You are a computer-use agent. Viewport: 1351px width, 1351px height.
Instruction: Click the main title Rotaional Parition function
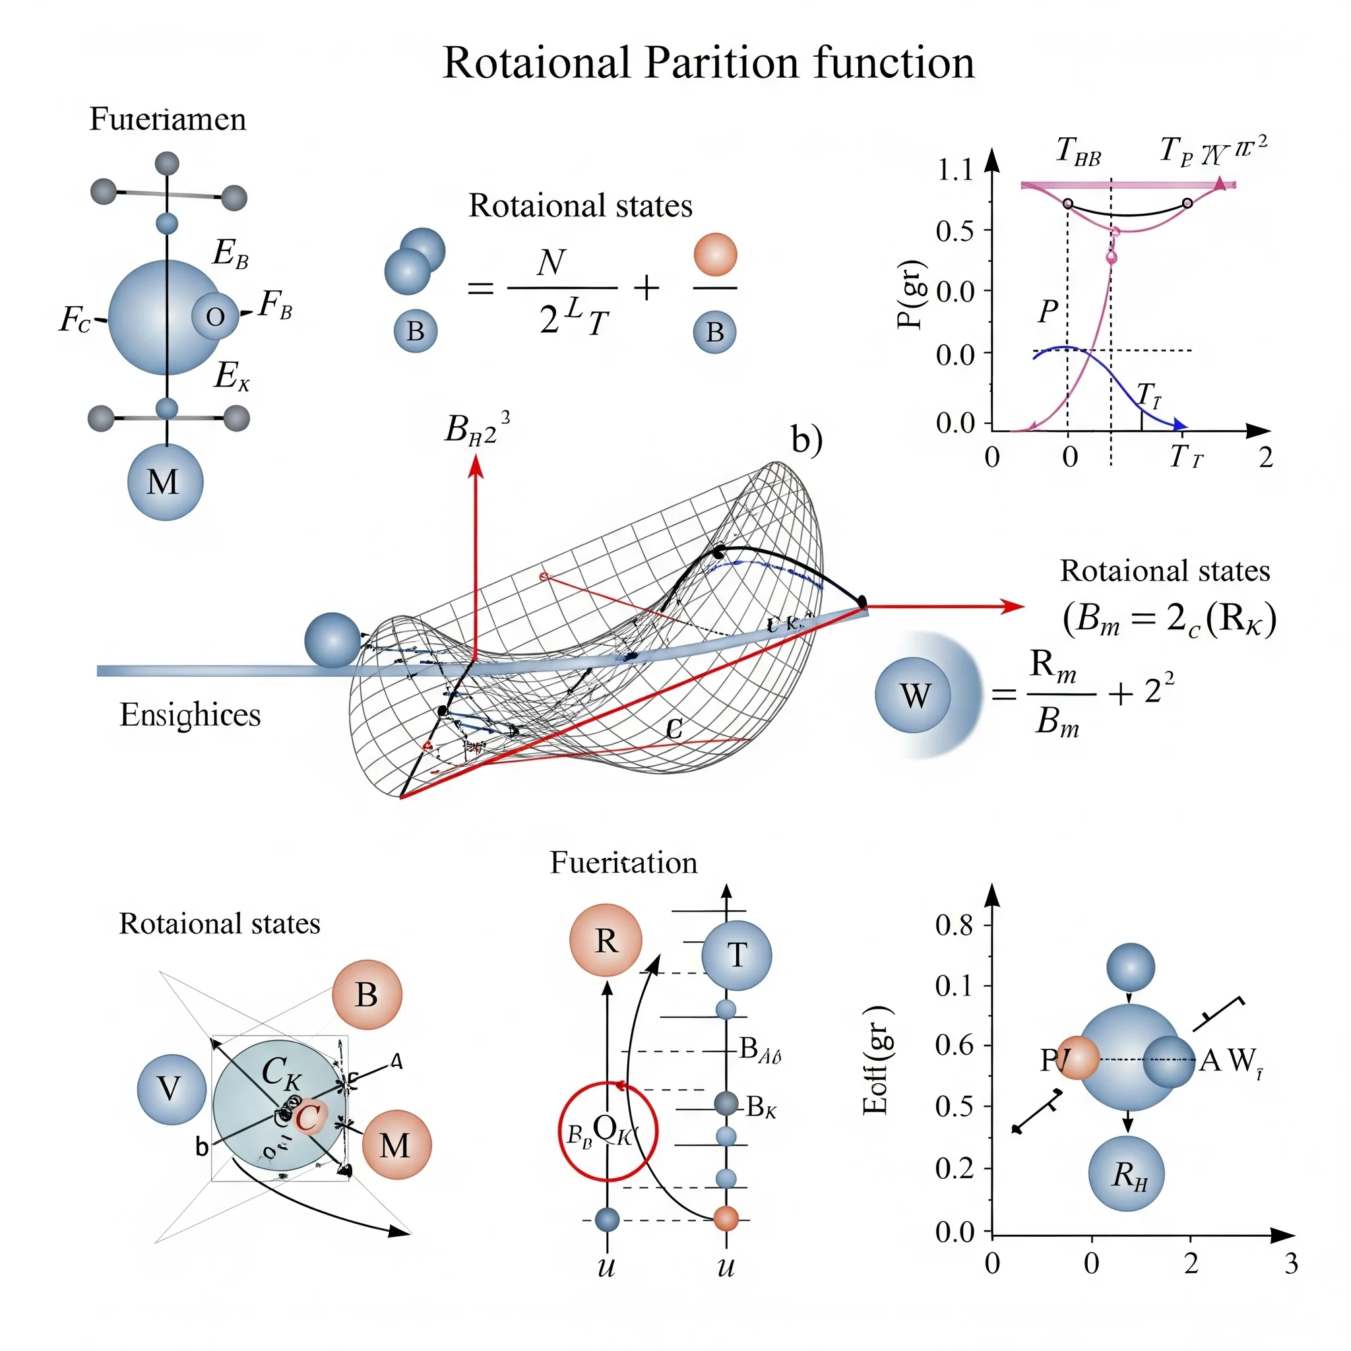[708, 63]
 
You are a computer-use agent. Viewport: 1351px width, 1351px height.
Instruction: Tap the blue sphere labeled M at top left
[165, 482]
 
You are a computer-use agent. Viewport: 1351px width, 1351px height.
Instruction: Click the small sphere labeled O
[214, 317]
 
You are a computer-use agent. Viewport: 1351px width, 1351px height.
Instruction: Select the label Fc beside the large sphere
[75, 319]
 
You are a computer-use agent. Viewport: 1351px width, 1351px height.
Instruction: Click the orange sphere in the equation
[715, 255]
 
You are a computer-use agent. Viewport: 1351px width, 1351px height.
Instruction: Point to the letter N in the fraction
[551, 263]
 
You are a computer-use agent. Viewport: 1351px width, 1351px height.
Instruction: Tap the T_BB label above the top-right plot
[1079, 151]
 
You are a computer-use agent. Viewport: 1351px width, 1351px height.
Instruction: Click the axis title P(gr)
[910, 294]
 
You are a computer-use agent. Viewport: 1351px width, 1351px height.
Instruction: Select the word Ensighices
[190, 714]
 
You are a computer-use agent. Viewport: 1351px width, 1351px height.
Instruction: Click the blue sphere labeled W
[913, 695]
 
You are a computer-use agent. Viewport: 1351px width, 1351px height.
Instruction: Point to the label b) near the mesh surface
[806, 440]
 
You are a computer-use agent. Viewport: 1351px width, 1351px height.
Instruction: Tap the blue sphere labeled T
[736, 955]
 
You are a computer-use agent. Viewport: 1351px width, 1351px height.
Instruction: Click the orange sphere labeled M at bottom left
[396, 1145]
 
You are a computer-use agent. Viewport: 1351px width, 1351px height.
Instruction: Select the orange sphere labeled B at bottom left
[367, 994]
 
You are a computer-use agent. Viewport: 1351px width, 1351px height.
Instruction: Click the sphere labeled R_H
[1127, 1174]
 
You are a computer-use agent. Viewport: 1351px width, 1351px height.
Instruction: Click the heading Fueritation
[623, 863]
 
